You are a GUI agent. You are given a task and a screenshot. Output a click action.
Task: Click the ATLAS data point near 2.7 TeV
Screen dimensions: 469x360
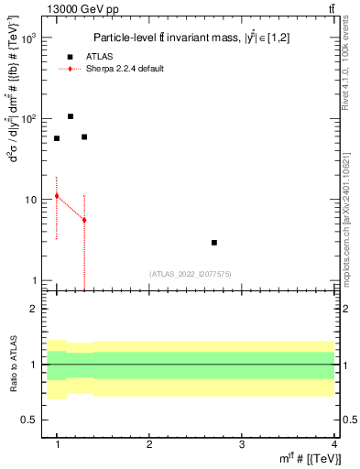(214, 243)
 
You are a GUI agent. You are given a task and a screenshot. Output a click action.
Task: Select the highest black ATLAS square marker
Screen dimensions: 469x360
(71, 116)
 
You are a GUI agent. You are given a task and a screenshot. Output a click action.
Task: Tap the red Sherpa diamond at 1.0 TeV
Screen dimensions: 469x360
(57, 196)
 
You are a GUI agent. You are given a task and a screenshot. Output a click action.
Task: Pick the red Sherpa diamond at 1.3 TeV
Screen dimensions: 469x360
(84, 220)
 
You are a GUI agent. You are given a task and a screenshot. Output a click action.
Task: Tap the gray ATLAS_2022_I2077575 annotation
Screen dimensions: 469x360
(190, 273)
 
